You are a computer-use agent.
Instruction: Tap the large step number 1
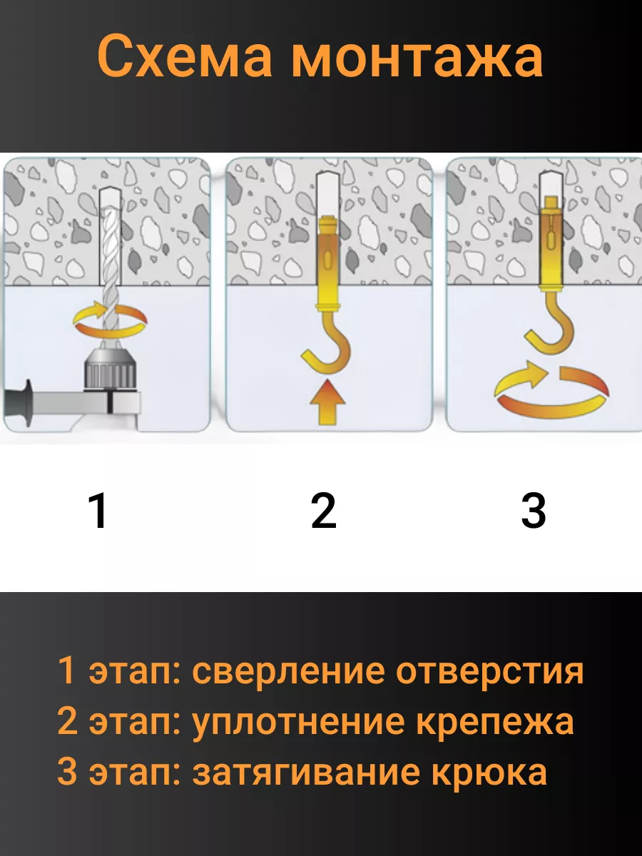pyautogui.click(x=98, y=510)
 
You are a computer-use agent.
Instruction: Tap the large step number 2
pyautogui.click(x=324, y=510)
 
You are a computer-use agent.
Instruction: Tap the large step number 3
pyautogui.click(x=534, y=510)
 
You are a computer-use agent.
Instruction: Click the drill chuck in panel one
pyautogui.click(x=111, y=369)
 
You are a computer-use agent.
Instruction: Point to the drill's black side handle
pyautogui.click(x=19, y=404)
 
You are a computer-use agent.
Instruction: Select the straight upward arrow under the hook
pyautogui.click(x=328, y=402)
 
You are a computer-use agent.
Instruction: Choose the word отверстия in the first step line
pyautogui.click(x=490, y=671)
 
